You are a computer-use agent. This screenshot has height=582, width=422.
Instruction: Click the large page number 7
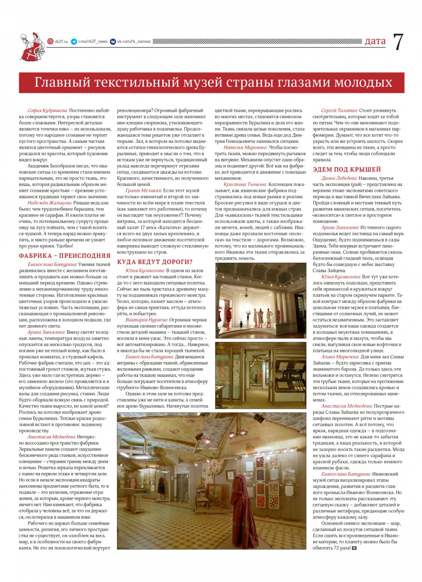[397, 42]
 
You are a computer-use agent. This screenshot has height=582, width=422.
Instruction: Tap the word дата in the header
[375, 41]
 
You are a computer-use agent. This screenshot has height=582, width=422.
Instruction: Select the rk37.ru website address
[61, 41]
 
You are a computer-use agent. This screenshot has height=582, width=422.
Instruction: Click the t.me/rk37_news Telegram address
[92, 41]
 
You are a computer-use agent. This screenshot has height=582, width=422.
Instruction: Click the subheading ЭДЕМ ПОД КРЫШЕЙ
[347, 170]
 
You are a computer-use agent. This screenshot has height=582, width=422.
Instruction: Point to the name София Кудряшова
[47, 110]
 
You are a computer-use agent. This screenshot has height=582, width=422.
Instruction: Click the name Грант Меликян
[143, 191]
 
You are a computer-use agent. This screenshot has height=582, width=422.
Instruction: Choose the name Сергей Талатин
[339, 110]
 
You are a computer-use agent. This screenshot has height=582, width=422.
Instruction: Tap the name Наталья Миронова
[245, 147]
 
